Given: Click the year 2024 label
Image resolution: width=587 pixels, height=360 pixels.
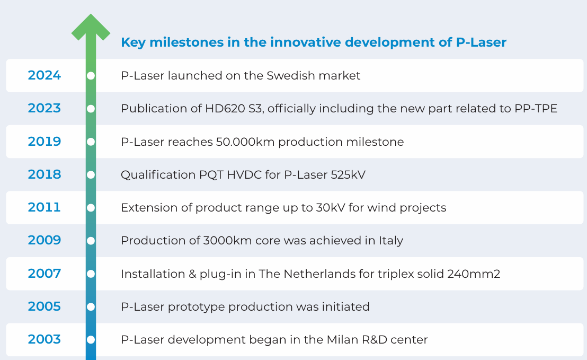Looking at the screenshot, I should tap(45, 75).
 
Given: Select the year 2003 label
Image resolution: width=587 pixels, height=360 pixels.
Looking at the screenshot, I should tap(45, 339).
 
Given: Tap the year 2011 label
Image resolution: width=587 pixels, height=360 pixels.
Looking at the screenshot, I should tap(45, 207).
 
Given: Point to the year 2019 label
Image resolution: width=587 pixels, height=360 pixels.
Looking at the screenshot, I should tap(45, 142).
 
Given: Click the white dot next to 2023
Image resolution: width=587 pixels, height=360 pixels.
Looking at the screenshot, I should tap(91, 109).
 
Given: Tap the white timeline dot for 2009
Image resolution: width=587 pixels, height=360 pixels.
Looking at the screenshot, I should tap(91, 241).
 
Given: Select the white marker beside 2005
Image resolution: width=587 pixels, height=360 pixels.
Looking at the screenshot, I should tap(91, 306).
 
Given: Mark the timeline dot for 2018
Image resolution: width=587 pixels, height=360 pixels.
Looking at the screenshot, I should tap(91, 174).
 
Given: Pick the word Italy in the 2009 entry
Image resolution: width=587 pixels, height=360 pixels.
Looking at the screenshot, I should tap(390, 241).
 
